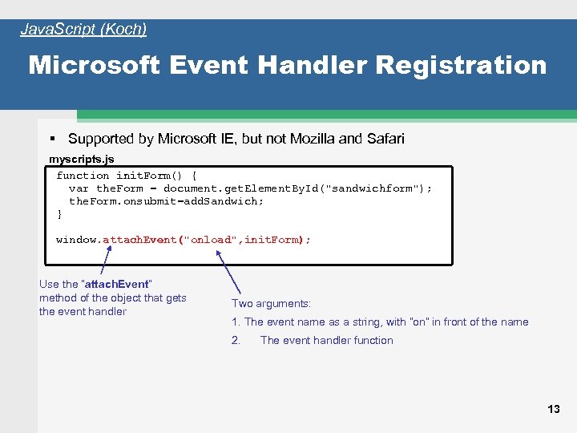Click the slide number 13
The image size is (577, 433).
pos(554,409)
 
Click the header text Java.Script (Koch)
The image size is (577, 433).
pos(83,30)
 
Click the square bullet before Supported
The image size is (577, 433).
pos(52,139)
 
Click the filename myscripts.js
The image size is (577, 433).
pos(82,159)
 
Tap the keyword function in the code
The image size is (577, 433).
pos(83,176)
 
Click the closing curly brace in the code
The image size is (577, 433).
pos(59,214)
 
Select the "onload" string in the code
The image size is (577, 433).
pos(213,240)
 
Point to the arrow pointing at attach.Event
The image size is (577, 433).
pos(106,260)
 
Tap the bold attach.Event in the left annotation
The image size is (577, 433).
pos(116,284)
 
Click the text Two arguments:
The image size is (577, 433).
pos(271,303)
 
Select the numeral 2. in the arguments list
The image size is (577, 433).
pos(236,340)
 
